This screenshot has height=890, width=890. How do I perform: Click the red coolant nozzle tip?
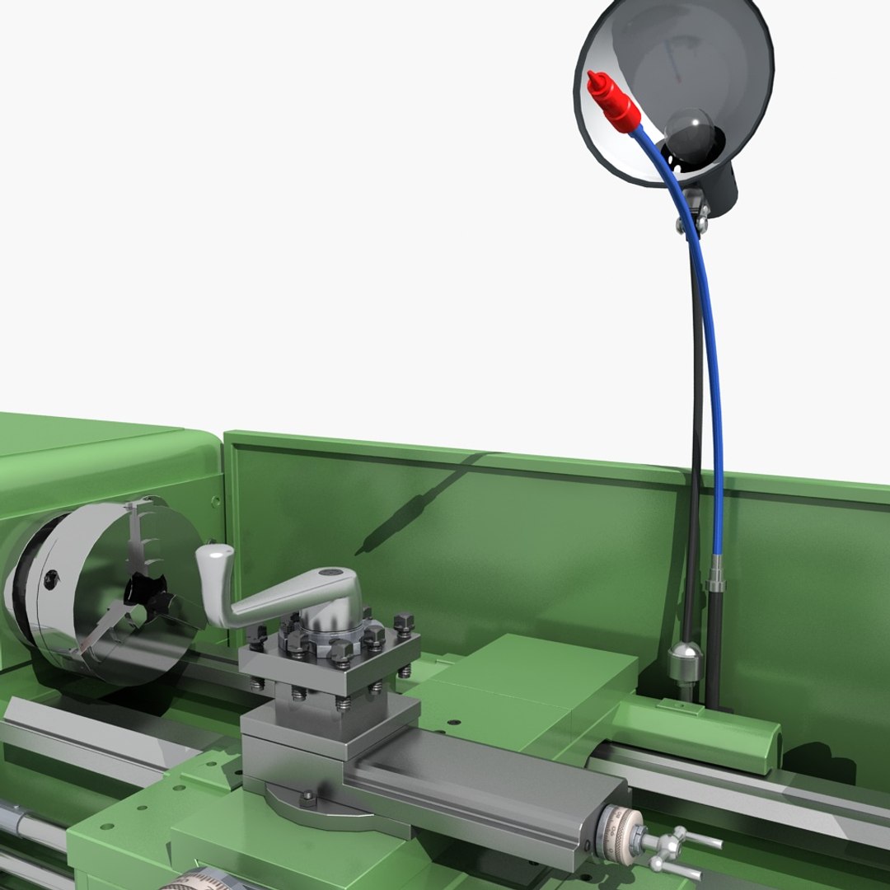[595, 82]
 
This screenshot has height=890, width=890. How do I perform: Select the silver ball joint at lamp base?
[686, 660]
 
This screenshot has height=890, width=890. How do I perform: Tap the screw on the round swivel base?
[307, 797]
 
